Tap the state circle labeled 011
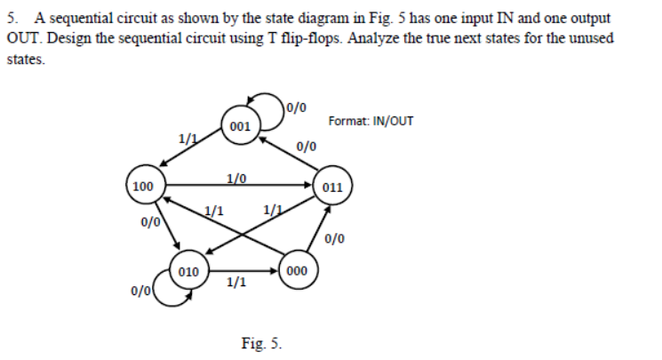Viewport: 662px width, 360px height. [x=334, y=187]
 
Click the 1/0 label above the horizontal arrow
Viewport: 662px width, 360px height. [x=235, y=176]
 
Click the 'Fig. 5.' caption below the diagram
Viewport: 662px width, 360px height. [x=261, y=342]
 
